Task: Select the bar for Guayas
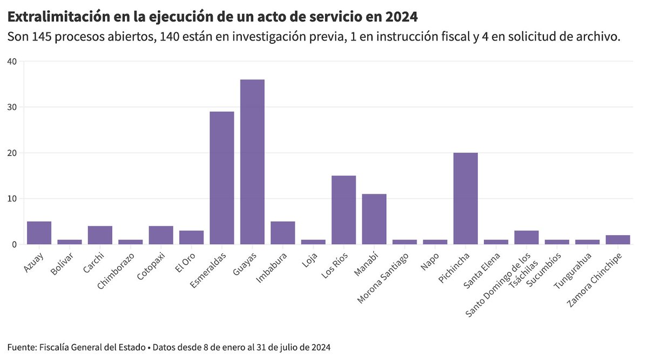[252, 162]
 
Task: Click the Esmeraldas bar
[222, 178]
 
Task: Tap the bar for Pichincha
[465, 199]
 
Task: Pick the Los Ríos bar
[343, 210]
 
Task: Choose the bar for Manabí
[374, 219]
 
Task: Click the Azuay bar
[39, 233]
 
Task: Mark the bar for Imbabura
[282, 233]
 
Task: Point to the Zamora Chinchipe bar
[618, 240]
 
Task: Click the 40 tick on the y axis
[12, 62]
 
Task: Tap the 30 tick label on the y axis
[12, 107]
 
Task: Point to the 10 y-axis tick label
[12, 199]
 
